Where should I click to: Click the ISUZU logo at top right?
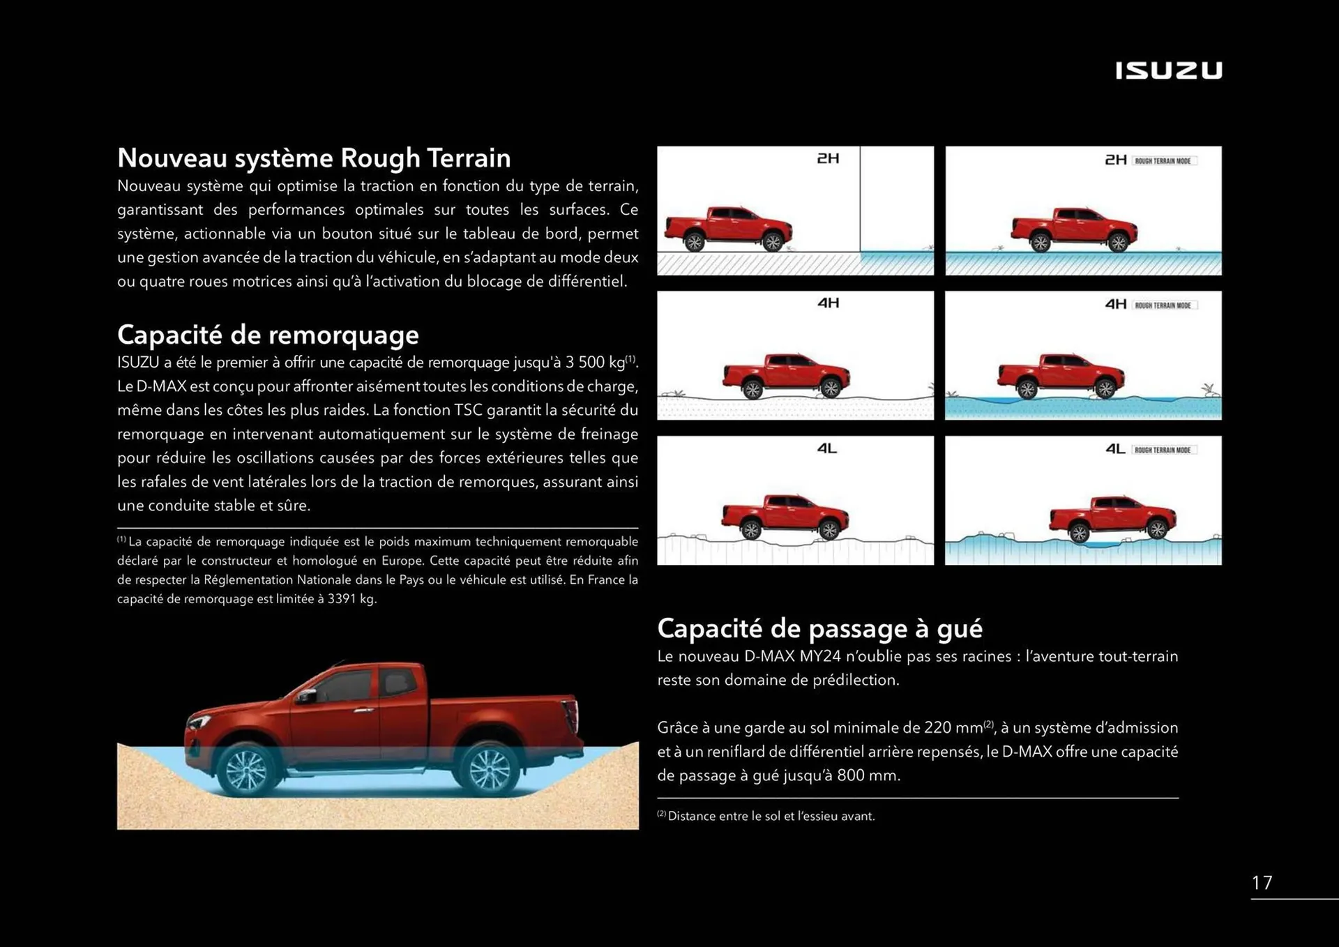tap(1168, 70)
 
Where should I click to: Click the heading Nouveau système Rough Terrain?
tap(314, 158)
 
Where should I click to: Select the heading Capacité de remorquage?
tap(268, 335)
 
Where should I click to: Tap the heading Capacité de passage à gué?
tap(819, 628)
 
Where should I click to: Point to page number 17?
tap(1262, 883)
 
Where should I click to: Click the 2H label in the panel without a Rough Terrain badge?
tap(828, 159)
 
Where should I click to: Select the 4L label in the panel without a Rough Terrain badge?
tap(827, 448)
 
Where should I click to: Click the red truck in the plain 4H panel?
tap(786, 375)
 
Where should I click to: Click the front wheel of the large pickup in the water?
tap(245, 770)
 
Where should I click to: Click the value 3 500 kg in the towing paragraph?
tap(595, 363)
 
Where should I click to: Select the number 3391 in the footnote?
tap(342, 599)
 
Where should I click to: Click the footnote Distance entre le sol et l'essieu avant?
tap(771, 816)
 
